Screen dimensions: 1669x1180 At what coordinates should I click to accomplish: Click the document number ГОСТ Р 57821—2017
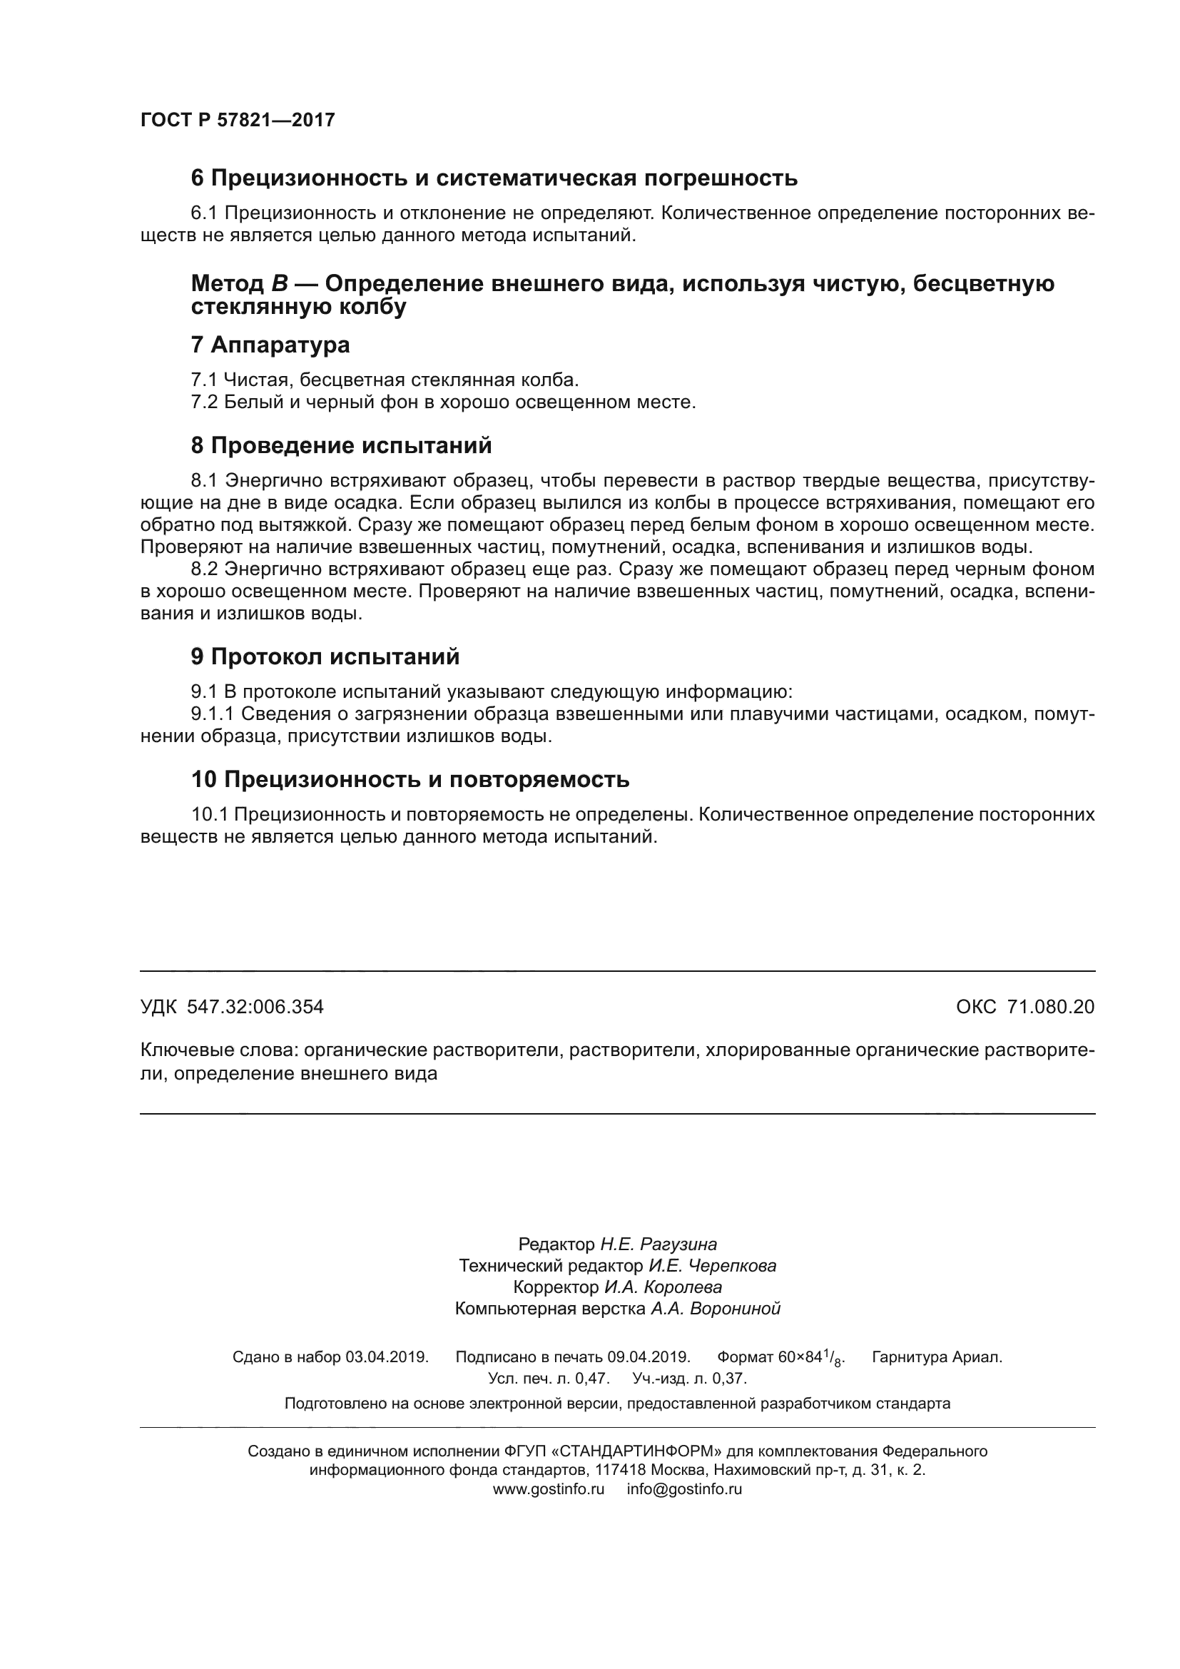coord(238,120)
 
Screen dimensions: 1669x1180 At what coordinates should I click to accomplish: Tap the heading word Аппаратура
coord(280,345)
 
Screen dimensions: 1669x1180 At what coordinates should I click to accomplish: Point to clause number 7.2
coord(204,402)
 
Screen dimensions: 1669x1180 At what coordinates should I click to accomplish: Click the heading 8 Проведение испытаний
coord(341,445)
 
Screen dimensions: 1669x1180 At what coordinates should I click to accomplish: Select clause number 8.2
coord(204,569)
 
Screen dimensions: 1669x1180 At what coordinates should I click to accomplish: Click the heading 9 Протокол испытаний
coord(325,656)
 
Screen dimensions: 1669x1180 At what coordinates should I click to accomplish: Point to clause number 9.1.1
coord(212,714)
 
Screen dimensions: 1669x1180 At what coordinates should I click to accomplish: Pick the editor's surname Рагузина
coord(683,1264)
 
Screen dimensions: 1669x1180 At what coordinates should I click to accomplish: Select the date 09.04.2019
coord(648,1357)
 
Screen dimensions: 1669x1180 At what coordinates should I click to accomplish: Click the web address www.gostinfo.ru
coord(549,1488)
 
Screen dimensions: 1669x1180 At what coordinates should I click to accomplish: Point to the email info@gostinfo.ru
coord(684,1488)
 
